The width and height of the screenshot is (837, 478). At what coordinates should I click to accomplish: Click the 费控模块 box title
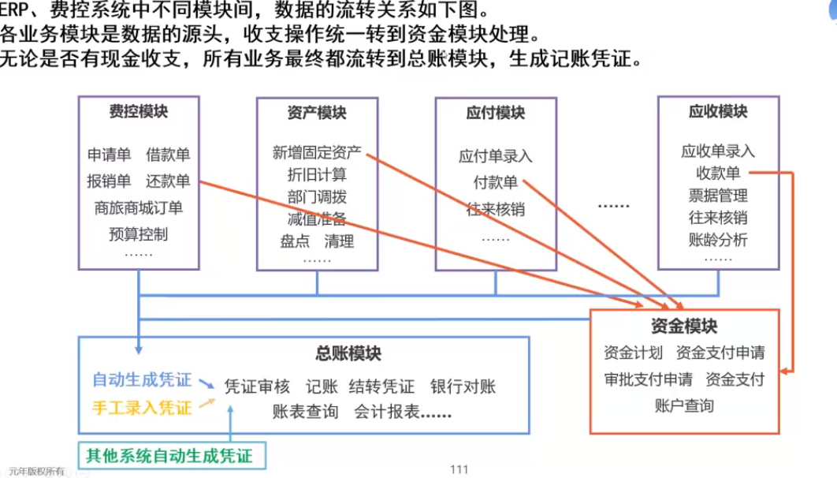pyautogui.click(x=138, y=111)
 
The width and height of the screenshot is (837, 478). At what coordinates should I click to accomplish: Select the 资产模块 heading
pyautogui.click(x=317, y=113)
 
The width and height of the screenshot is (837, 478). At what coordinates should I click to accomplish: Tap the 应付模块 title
pyautogui.click(x=496, y=113)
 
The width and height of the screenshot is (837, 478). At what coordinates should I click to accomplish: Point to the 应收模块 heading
pyautogui.click(x=718, y=112)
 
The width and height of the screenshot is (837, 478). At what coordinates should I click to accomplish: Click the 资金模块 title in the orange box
pyautogui.click(x=684, y=326)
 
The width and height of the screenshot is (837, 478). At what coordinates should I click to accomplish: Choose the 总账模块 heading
pyautogui.click(x=348, y=353)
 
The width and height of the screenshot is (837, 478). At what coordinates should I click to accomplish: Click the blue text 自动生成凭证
pyautogui.click(x=142, y=379)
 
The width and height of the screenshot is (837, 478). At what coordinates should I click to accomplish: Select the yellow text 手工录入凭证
pyautogui.click(x=142, y=408)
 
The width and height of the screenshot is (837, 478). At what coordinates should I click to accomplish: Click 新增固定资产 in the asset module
pyautogui.click(x=317, y=153)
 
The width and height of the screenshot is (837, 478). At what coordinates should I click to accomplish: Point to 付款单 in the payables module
pyautogui.click(x=496, y=183)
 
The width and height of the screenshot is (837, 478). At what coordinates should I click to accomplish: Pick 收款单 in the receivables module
pyautogui.click(x=718, y=173)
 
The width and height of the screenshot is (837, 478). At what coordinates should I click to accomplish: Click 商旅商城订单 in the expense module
pyautogui.click(x=138, y=207)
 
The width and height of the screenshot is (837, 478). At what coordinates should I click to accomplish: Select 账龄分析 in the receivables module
pyautogui.click(x=718, y=240)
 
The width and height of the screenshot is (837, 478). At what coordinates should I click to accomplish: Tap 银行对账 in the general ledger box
pyautogui.click(x=463, y=387)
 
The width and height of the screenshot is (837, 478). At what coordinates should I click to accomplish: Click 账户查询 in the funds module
pyautogui.click(x=684, y=406)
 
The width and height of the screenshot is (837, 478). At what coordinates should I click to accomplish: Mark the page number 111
pyautogui.click(x=459, y=469)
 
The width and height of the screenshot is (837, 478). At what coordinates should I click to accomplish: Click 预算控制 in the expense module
pyautogui.click(x=138, y=234)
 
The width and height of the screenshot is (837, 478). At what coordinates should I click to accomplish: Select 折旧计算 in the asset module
pyautogui.click(x=317, y=174)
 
